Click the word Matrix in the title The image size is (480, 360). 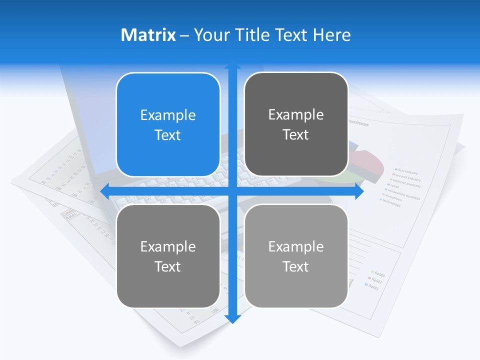(148, 35)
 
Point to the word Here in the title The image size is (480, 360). (332, 35)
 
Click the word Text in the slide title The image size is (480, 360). (291, 35)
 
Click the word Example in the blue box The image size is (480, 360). (168, 115)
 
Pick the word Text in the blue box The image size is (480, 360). (168, 135)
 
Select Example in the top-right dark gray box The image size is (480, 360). (296, 115)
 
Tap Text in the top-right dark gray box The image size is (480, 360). (296, 135)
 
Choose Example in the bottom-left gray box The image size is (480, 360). (168, 247)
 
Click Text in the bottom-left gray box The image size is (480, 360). (168, 267)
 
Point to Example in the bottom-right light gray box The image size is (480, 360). (296, 247)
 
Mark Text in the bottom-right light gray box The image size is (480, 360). (296, 267)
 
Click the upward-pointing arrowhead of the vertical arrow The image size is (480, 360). (232, 65)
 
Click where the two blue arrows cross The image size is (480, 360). (232, 191)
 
